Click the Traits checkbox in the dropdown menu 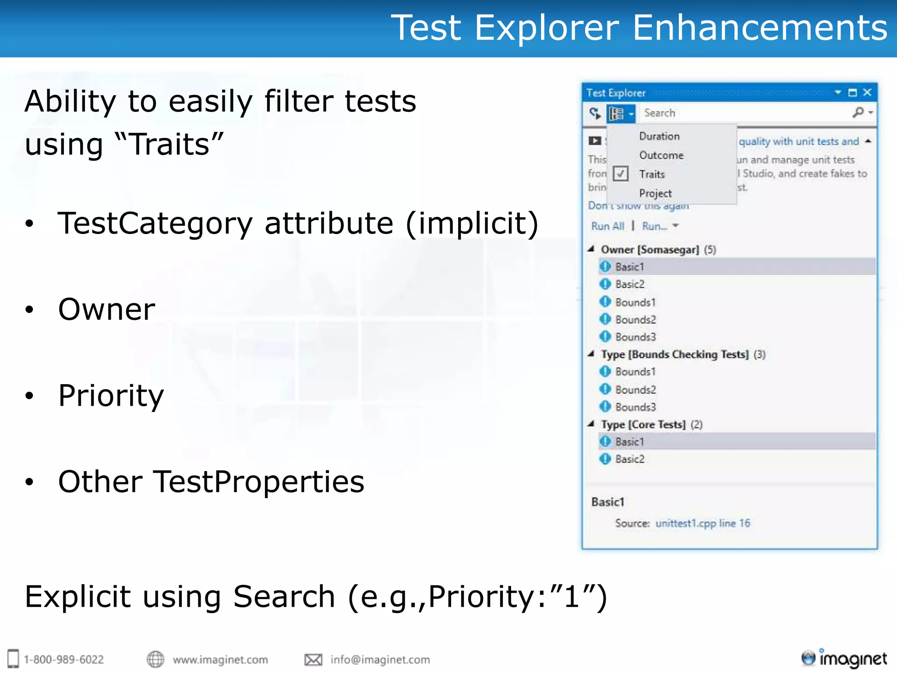(x=621, y=174)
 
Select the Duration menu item (x=659, y=136)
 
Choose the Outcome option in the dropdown (x=661, y=155)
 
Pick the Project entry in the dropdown (x=655, y=193)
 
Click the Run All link (x=607, y=226)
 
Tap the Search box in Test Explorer (x=745, y=113)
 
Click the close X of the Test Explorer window (x=867, y=92)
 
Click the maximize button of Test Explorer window (x=852, y=92)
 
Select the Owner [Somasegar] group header (x=650, y=250)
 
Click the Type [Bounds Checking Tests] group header (x=675, y=354)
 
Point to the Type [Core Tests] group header (x=643, y=425)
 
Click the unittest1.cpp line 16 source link (x=703, y=523)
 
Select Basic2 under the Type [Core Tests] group (x=629, y=459)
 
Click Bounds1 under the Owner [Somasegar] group (x=635, y=302)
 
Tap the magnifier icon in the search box (x=858, y=113)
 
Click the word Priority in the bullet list (x=111, y=396)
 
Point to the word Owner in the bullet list (x=106, y=309)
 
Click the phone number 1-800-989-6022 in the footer (x=64, y=659)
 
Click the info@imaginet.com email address (x=380, y=659)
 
